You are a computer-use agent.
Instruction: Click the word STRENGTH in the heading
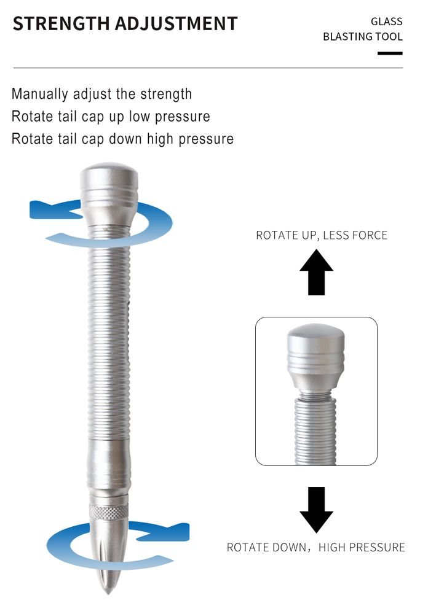click(61, 23)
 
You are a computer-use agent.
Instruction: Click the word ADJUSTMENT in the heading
click(176, 23)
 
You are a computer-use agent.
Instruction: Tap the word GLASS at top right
click(386, 21)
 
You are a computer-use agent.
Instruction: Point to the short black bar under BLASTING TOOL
click(390, 53)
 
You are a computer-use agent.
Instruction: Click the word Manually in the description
click(40, 95)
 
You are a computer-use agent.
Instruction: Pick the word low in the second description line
click(140, 116)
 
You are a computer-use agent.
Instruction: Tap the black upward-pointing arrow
click(316, 273)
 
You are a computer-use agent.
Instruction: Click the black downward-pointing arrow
click(316, 510)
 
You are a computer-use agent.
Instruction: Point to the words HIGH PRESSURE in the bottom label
click(362, 548)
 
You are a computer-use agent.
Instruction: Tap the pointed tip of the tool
click(108, 591)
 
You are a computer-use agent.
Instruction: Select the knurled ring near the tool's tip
click(109, 511)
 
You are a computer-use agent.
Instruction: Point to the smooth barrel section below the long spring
click(109, 465)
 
